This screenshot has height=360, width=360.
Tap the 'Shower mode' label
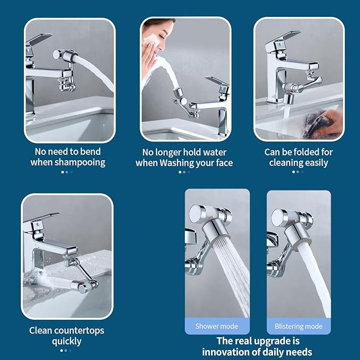216,326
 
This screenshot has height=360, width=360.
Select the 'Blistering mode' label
298,326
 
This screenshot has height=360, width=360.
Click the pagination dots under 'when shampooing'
67,172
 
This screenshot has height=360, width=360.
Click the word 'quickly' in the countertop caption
67,341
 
